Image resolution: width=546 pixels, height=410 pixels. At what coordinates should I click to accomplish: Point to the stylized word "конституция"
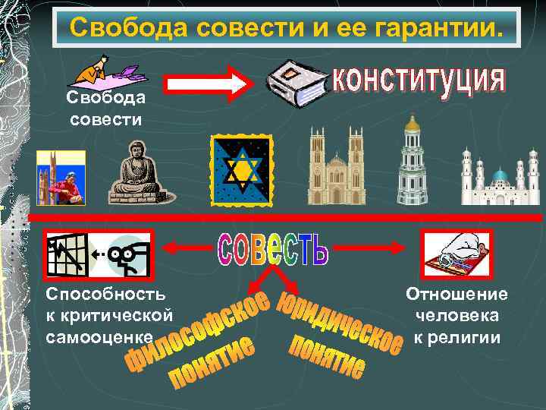(419, 82)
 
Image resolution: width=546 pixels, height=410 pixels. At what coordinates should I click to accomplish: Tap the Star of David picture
(241, 171)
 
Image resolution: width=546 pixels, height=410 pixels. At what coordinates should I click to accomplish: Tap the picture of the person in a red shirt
(61, 178)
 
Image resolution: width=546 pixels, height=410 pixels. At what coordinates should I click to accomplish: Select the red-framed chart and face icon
(98, 256)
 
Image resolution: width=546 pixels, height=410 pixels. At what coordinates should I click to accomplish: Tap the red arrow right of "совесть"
(371, 246)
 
